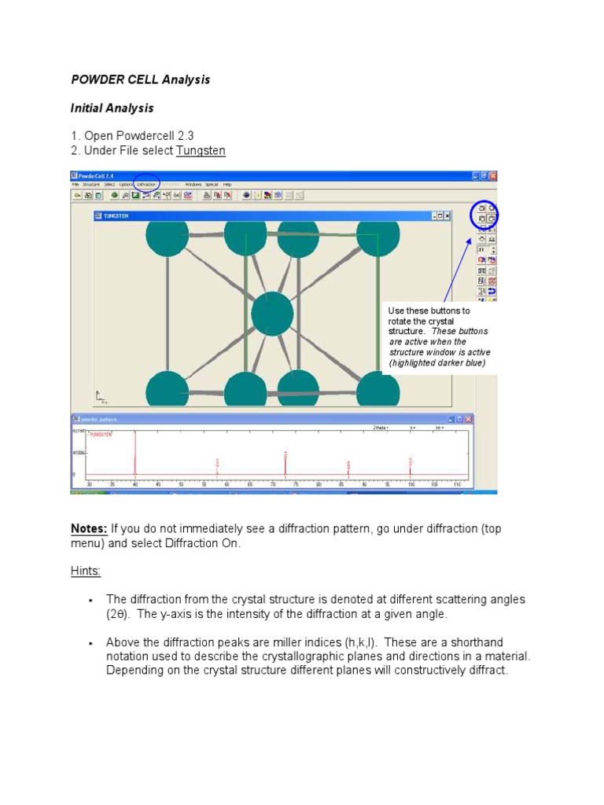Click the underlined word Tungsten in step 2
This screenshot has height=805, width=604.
[x=201, y=150]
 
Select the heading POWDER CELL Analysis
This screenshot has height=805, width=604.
[x=140, y=80]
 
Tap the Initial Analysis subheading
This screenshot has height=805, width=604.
[x=112, y=108]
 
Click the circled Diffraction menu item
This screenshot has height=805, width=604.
[x=146, y=185]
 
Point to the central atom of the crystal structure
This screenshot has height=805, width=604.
[x=272, y=313]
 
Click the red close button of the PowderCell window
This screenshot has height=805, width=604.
[x=493, y=176]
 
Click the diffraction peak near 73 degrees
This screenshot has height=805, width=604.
[x=285, y=462]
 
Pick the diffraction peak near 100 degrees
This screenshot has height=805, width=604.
[x=410, y=465]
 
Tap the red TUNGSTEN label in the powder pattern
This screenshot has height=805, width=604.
[x=101, y=434]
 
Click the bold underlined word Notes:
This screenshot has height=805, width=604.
[x=89, y=529]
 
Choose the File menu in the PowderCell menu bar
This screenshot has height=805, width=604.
[x=75, y=185]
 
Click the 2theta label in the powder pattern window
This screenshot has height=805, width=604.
[x=381, y=428]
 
